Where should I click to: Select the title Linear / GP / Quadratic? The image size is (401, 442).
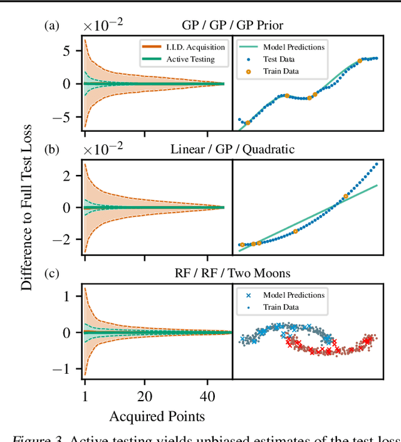[x=232, y=149]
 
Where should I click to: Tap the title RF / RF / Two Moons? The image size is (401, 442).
[x=232, y=273]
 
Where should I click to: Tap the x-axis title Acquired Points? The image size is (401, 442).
[x=157, y=416]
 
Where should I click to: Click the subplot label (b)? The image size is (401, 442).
[x=51, y=149]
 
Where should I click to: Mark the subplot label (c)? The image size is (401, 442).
[x=51, y=273]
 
